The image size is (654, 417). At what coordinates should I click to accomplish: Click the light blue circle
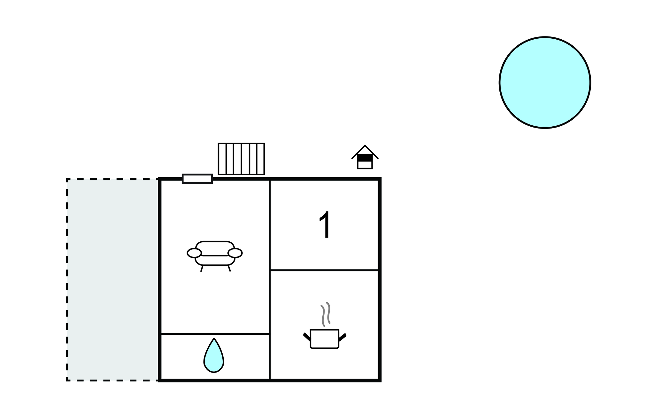pos(545,83)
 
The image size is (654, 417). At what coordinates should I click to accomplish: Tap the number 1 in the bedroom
pos(325,225)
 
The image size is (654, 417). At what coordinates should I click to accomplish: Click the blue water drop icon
pos(214,355)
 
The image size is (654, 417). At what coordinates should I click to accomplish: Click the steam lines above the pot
pos(326,314)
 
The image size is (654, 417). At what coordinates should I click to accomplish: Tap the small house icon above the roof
pos(365,157)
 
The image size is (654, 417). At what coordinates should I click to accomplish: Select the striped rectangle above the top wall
pos(241,159)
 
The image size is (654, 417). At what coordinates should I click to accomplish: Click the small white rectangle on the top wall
pos(197,179)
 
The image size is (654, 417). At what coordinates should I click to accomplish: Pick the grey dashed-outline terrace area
pos(112,279)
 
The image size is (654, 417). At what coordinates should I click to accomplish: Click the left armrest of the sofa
pos(194,253)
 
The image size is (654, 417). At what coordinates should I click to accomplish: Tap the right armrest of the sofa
pos(235,253)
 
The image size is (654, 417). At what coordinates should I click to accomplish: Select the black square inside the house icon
pos(365,158)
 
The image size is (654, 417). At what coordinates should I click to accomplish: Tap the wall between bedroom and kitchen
pos(324,270)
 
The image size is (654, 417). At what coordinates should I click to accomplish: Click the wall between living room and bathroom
pos(215,334)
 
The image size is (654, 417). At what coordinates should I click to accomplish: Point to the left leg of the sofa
pos(202,269)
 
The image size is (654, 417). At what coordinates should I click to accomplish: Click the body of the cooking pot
pos(325,339)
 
